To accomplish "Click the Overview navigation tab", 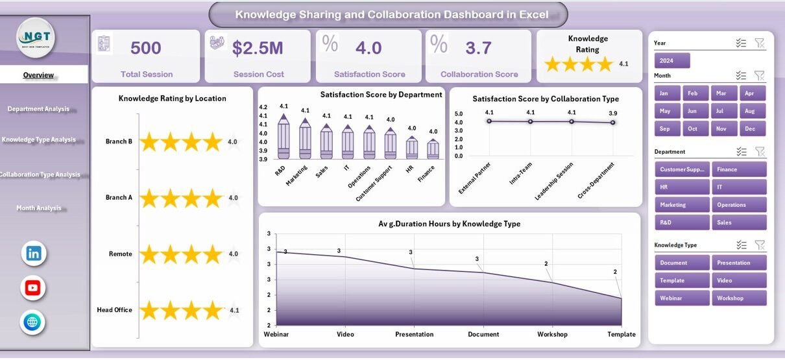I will coord(39,75).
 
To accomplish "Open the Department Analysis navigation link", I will coord(39,109).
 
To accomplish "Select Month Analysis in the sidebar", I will coord(39,208).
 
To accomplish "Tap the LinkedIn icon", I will coord(33,253).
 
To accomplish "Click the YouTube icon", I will coord(33,287).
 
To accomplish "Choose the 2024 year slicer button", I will coord(672,61).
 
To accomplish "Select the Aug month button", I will coord(749,111).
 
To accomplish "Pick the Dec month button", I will coord(749,128).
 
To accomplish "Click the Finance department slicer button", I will coord(738,169).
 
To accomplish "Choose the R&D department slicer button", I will coord(682,222).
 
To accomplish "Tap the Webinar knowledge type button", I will coord(682,298).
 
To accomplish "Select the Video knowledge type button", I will coord(738,281).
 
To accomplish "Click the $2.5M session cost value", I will coord(258,48).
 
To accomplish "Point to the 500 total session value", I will coord(146,48).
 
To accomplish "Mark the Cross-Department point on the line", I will coord(612,122).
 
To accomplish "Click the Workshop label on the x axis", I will coord(551,335).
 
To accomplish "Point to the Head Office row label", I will coord(115,310).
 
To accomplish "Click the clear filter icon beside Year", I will coord(760,43).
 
